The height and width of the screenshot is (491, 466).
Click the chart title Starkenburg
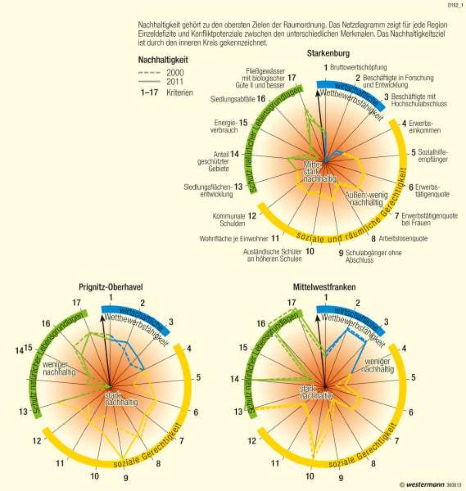coord(328,54)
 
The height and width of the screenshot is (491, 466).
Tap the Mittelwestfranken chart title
coord(324,287)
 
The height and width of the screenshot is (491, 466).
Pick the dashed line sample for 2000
coord(149,73)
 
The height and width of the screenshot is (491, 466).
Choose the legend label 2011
coord(175,82)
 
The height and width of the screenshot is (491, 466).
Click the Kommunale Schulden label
coord(229,220)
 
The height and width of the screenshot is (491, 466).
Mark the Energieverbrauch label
coord(226,126)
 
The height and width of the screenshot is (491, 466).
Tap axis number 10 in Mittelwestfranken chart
coord(309,476)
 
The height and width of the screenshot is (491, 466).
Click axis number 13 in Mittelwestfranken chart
coord(239,411)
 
